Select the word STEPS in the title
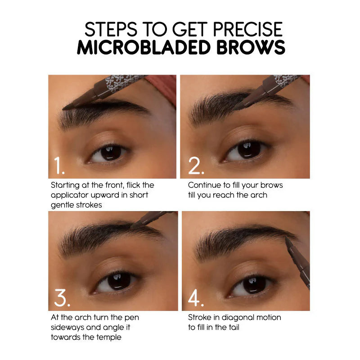(x=110, y=30)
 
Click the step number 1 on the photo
(x=59, y=166)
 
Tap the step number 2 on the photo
(x=196, y=166)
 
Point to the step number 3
(x=62, y=298)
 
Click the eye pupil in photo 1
(x=108, y=152)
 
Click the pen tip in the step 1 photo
(x=65, y=108)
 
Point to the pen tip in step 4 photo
(x=287, y=239)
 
